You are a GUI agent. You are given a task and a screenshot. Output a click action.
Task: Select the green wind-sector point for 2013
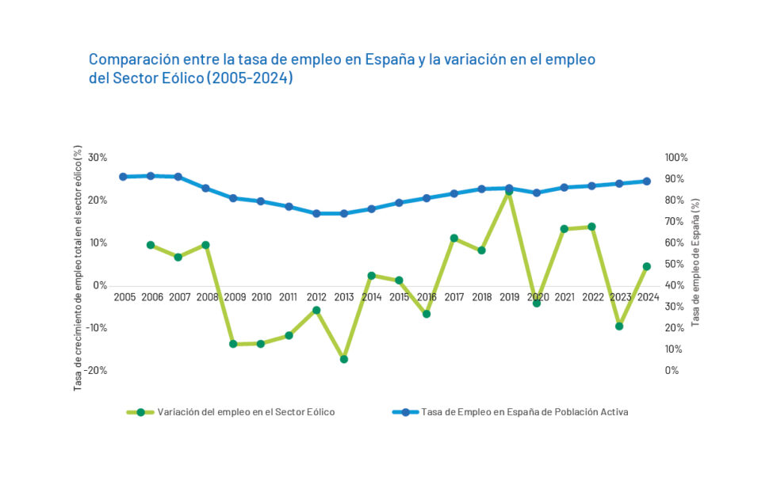tap(344, 359)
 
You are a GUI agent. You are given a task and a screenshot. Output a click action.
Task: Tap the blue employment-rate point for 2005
tap(123, 177)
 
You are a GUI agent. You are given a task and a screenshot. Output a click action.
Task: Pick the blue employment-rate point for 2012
tap(316, 213)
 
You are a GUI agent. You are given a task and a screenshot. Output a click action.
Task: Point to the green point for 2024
tap(647, 266)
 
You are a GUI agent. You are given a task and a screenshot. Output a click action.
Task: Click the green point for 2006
tap(151, 245)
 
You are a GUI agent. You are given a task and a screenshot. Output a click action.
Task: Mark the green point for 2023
tap(619, 326)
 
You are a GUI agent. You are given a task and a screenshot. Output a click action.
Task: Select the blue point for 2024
tap(647, 181)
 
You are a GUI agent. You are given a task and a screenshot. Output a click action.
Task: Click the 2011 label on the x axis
tap(289, 297)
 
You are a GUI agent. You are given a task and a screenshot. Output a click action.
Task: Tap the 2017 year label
tap(454, 297)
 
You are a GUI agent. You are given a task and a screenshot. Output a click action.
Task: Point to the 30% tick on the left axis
tap(98, 158)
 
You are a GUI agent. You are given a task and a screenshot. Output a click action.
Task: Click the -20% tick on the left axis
tap(96, 370)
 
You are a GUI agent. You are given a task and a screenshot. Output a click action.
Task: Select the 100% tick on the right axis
tap(677, 158)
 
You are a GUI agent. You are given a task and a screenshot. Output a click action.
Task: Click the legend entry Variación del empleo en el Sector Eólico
tap(246, 412)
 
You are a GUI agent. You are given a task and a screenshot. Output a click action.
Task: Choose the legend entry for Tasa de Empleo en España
tap(524, 412)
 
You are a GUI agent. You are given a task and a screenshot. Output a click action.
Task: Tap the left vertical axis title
tap(78, 268)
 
